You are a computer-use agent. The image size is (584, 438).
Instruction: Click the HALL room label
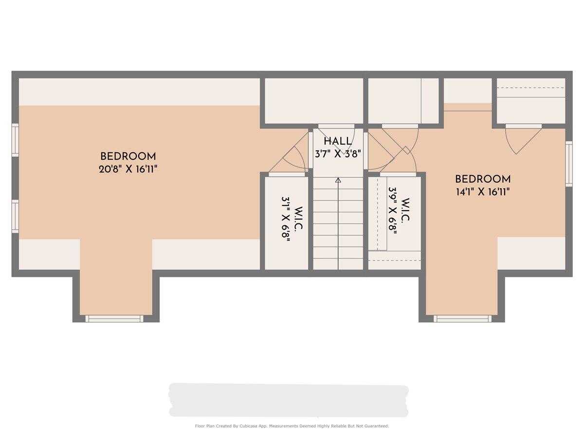pyautogui.click(x=338, y=142)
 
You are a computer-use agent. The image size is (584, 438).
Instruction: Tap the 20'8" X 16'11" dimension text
pyautogui.click(x=128, y=169)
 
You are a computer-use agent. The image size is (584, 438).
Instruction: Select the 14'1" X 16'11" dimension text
pyautogui.click(x=483, y=192)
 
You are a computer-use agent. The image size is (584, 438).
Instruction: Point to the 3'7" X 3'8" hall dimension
pyautogui.click(x=338, y=154)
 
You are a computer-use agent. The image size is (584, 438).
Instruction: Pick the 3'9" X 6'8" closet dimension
pyautogui.click(x=393, y=210)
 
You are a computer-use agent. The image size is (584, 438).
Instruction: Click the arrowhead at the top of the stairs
pyautogui.click(x=338, y=180)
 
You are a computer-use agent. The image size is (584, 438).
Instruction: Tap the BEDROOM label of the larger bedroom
pyautogui.click(x=128, y=156)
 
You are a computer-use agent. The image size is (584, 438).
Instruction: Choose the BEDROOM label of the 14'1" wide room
pyautogui.click(x=483, y=179)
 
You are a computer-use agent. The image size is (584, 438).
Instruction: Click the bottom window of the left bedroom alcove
pyautogui.click(x=114, y=319)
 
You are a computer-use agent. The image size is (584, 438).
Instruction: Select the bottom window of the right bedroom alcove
pyautogui.click(x=462, y=319)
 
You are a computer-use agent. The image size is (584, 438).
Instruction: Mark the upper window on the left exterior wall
pyautogui.click(x=15, y=140)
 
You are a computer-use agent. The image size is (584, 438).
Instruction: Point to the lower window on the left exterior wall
pyautogui.click(x=15, y=217)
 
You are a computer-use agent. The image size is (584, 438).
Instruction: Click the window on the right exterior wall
pyautogui.click(x=569, y=164)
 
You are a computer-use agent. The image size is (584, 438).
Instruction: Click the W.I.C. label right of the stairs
pyautogui.click(x=405, y=210)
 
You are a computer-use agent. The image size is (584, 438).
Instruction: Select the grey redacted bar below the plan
pyautogui.click(x=289, y=400)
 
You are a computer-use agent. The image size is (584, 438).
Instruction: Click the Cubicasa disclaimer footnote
pyautogui.click(x=292, y=426)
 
